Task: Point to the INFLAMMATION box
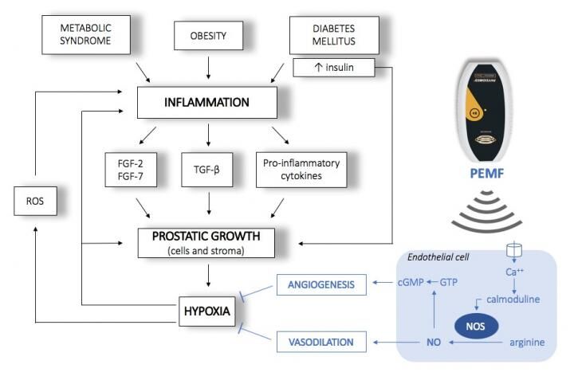pos(208,103)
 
